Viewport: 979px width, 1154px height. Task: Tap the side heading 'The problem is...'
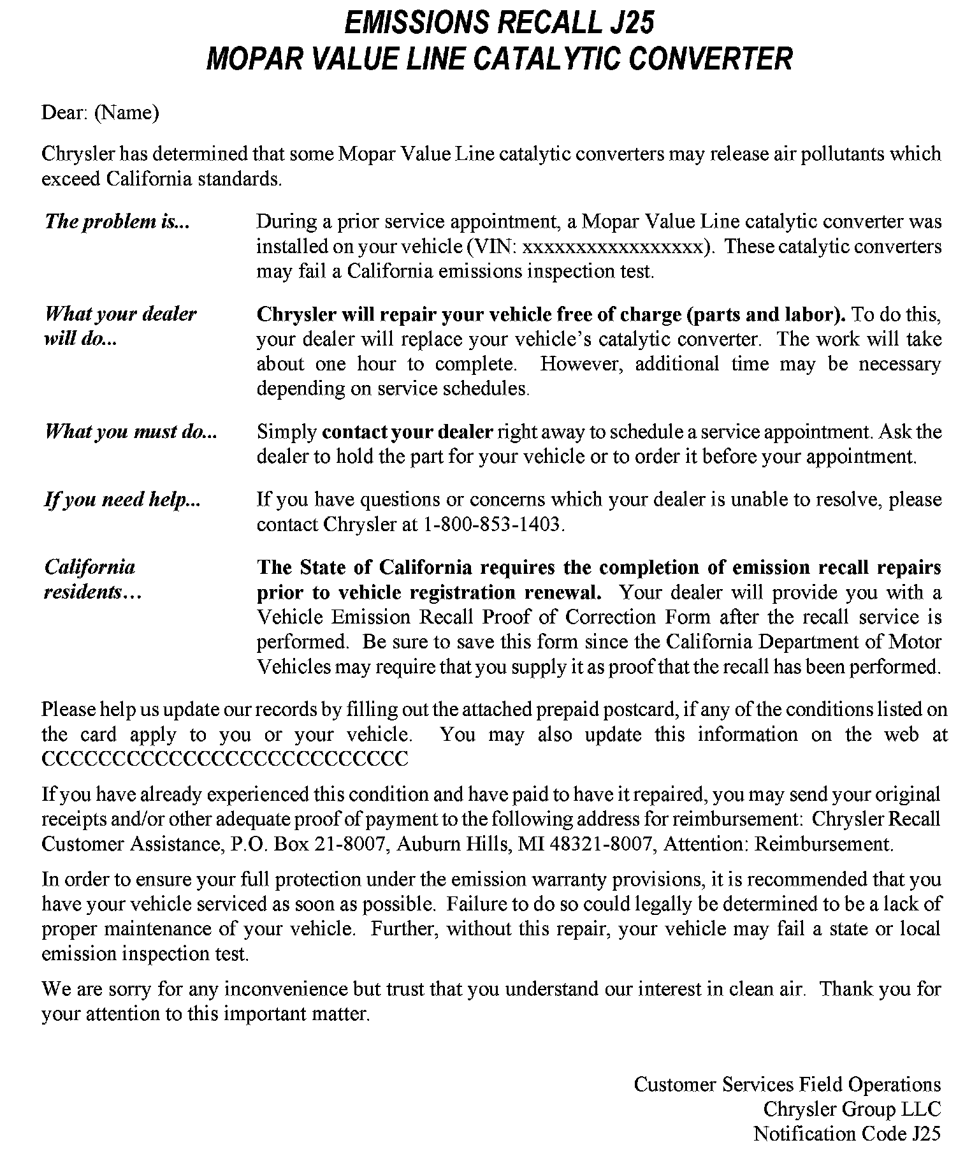coord(117,221)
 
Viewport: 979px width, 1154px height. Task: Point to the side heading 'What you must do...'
coord(131,432)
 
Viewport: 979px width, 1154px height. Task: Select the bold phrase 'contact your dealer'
coord(407,432)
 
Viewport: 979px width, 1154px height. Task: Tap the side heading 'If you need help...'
coord(122,499)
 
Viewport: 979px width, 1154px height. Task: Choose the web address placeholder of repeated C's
coord(224,759)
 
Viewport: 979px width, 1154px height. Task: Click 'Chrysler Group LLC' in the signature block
coord(852,1109)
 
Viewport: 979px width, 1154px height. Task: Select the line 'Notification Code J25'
coord(846,1134)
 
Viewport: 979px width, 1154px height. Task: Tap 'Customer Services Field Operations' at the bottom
coord(787,1085)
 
